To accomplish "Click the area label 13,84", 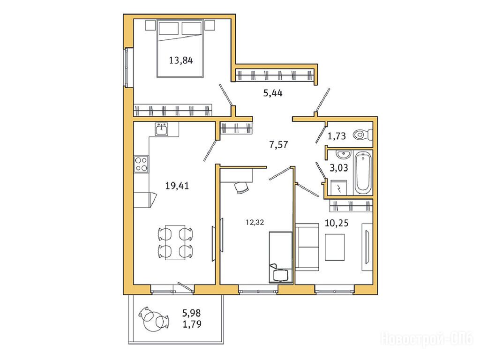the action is click(181, 60).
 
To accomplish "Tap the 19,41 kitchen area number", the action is click(177, 186).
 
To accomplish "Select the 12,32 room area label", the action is click(255, 223).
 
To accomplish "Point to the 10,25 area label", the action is click(337, 223).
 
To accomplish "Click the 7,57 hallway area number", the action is click(278, 144).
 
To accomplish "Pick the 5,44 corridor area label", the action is click(273, 93).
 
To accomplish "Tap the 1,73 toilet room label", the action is click(337, 135).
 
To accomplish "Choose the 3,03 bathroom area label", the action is click(338, 168).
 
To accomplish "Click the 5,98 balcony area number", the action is click(191, 313).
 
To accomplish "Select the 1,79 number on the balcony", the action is click(192, 323).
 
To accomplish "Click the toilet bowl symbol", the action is click(362, 134).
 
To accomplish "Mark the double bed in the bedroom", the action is click(180, 48).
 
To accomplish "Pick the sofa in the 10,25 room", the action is click(307, 247).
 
